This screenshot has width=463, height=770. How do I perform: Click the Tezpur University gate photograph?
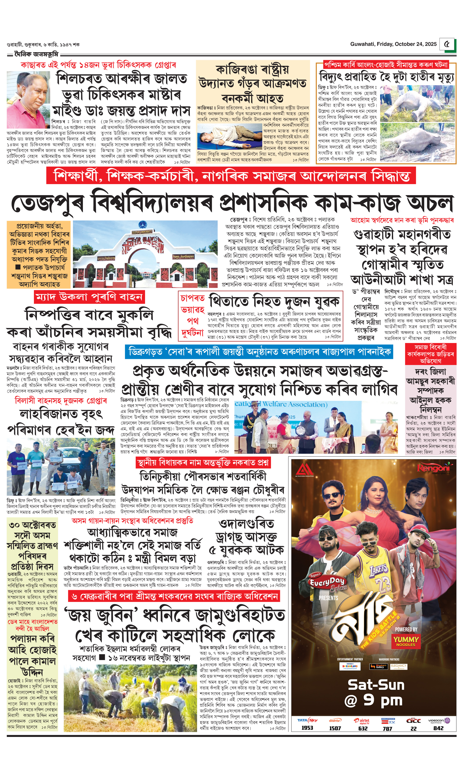145,254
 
